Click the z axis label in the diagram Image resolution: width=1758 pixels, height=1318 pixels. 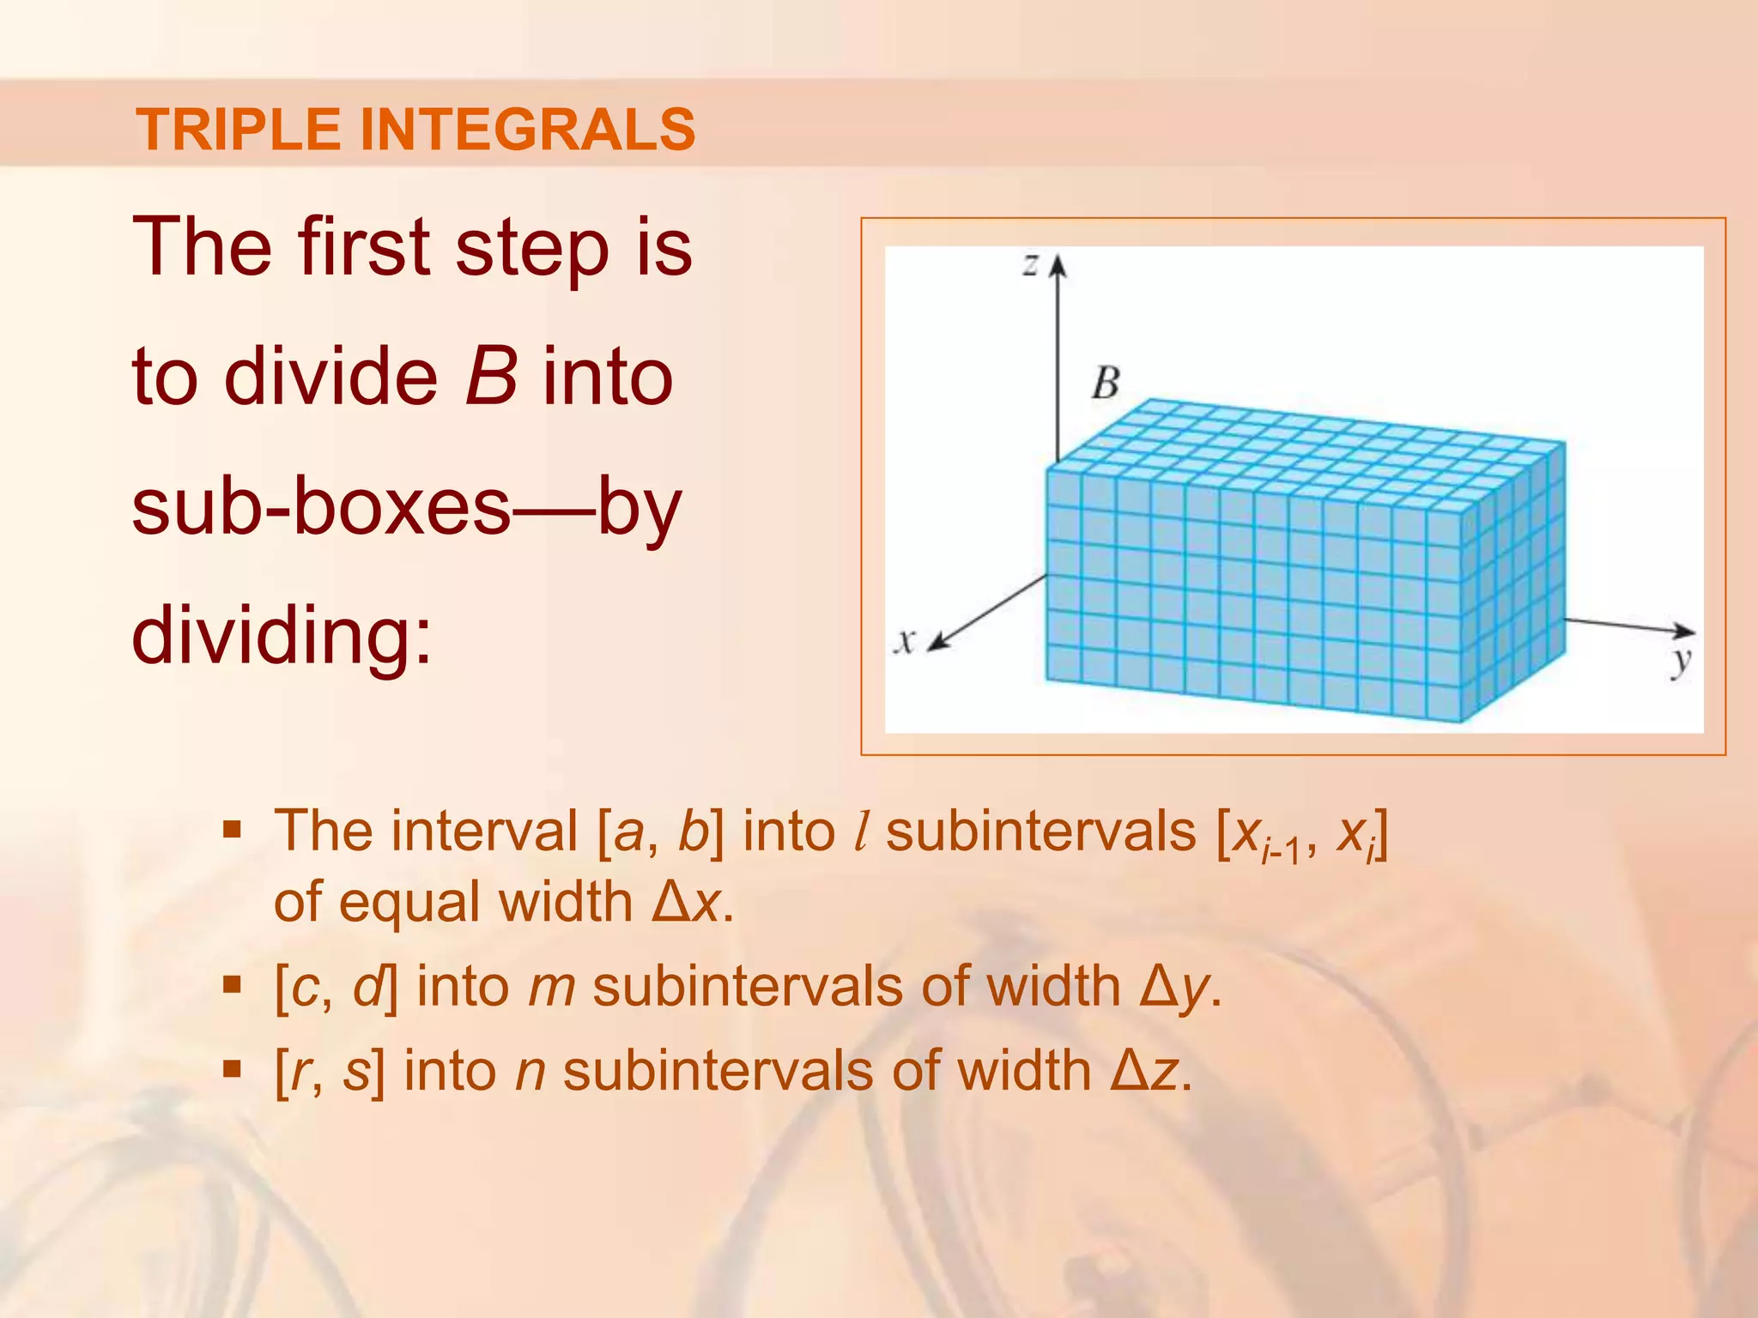(1030, 264)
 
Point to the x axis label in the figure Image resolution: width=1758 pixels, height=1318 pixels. (904, 641)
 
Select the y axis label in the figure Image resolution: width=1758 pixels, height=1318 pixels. (1681, 662)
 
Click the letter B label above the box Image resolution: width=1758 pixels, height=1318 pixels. (1106, 383)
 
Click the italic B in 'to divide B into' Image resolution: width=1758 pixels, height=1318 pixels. (491, 377)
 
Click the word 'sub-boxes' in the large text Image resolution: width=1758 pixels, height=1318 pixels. (321, 506)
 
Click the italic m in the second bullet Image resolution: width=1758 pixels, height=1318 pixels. (551, 988)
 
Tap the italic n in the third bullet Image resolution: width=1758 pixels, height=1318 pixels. (530, 1071)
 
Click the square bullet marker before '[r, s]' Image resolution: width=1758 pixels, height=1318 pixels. (232, 1069)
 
